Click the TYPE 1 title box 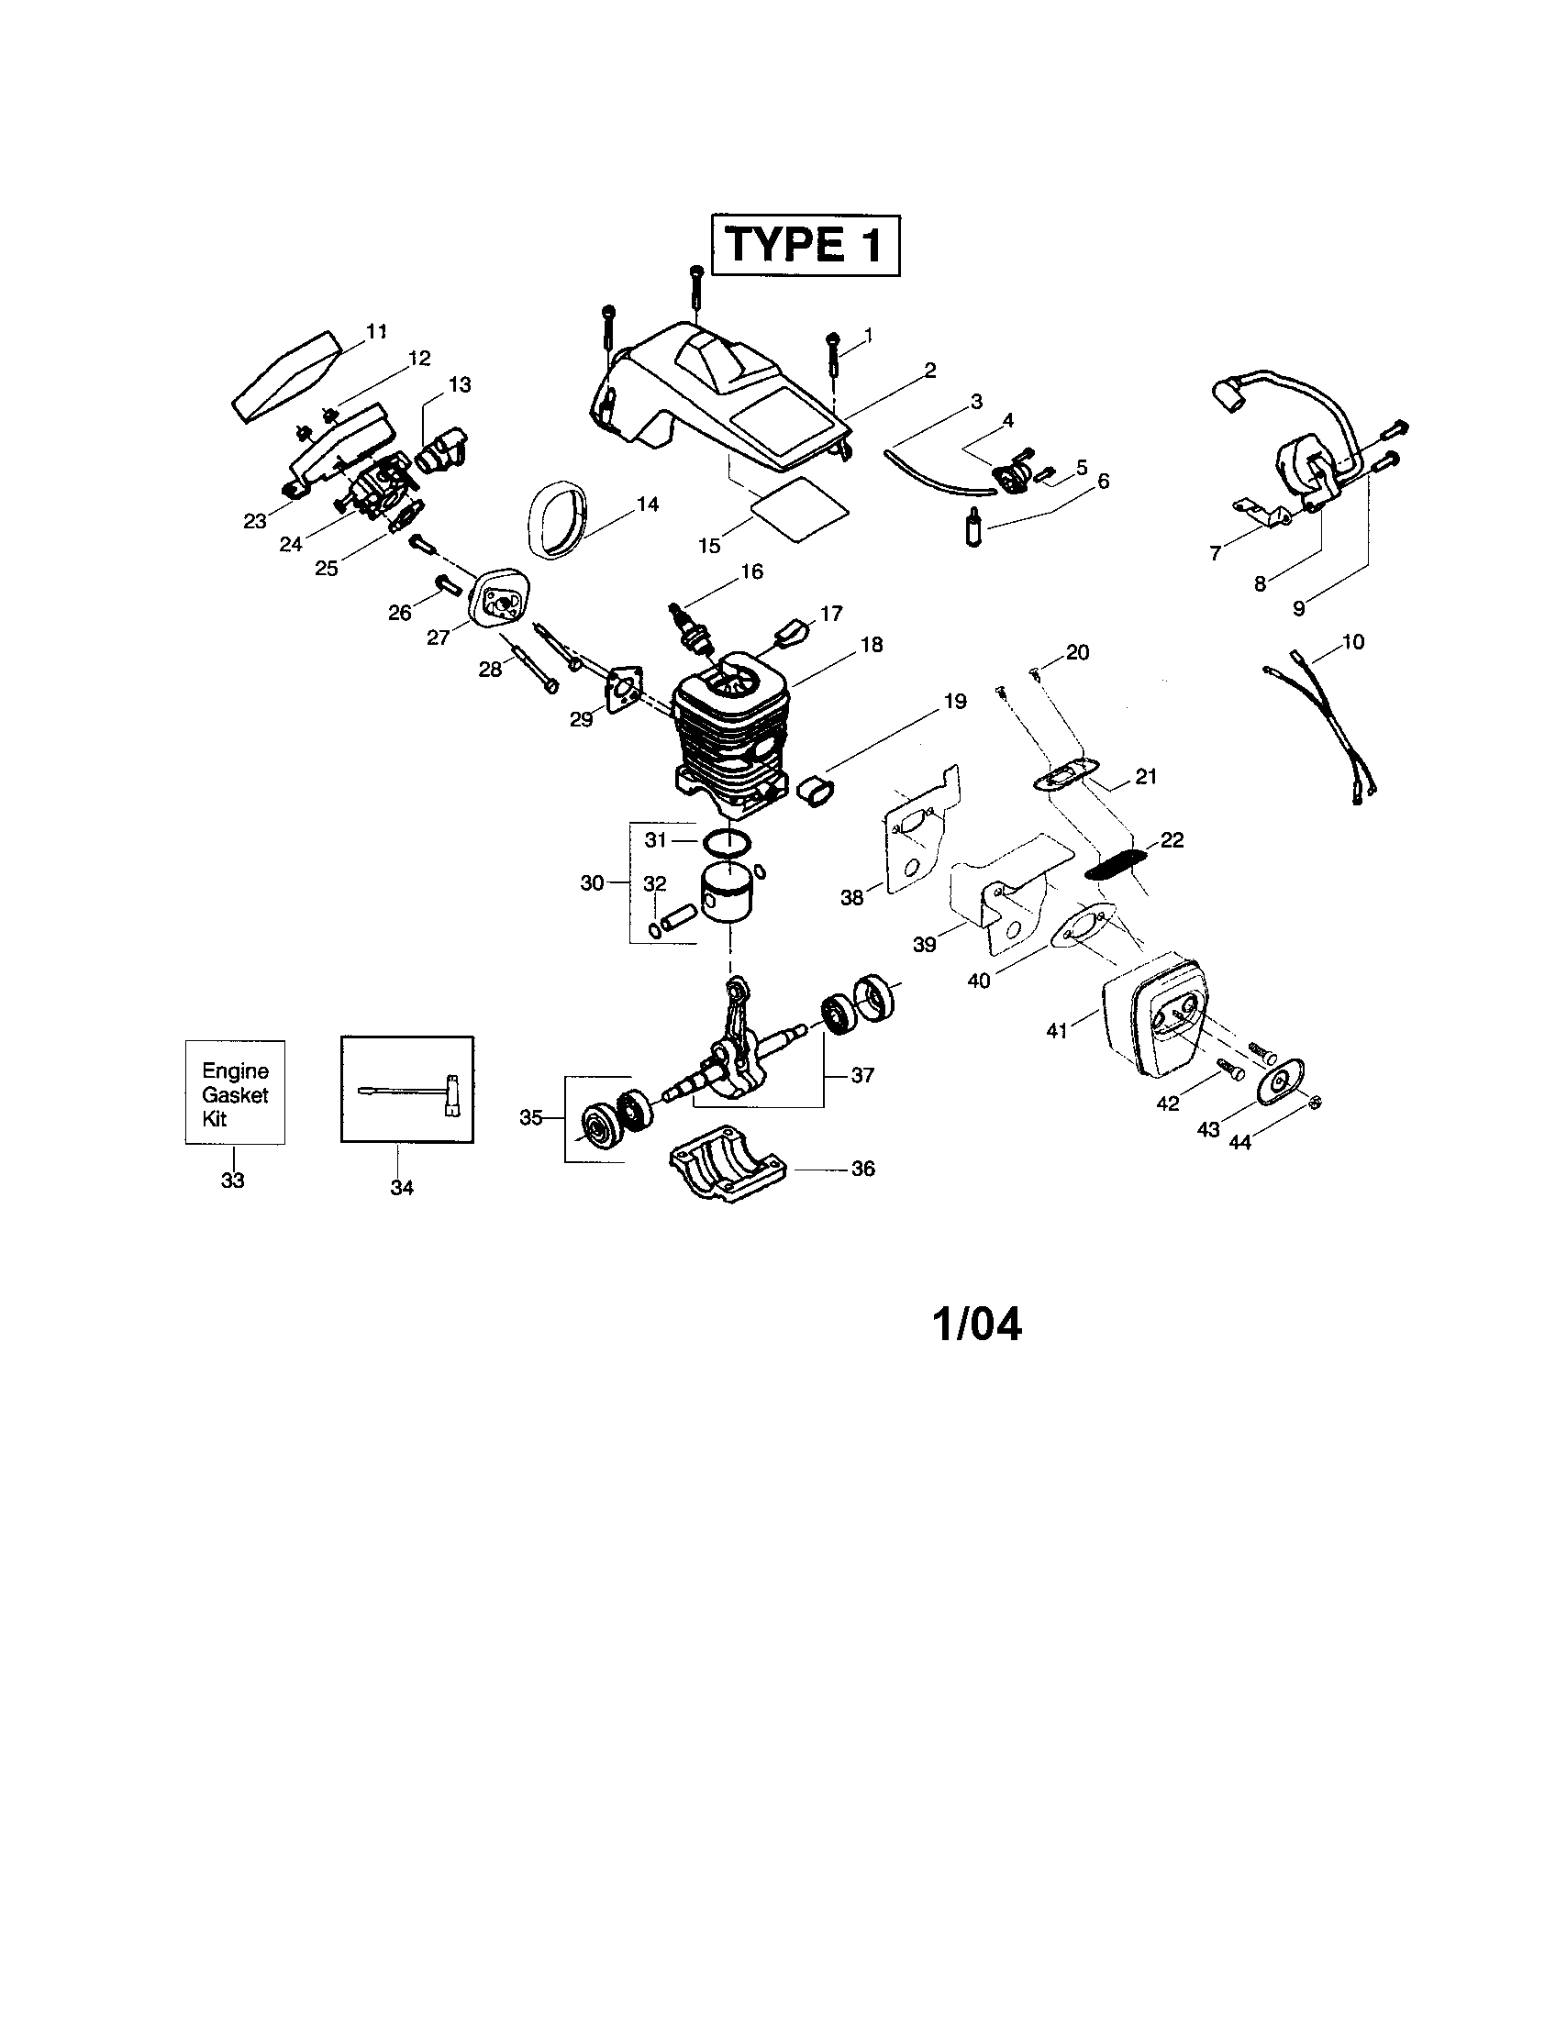point(804,245)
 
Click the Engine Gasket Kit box point(235,1093)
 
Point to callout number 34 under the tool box point(402,1188)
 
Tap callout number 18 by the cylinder point(871,644)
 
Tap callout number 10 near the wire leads point(1351,641)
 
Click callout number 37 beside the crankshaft point(861,1076)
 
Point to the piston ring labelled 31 point(728,842)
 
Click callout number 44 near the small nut point(1239,1142)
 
